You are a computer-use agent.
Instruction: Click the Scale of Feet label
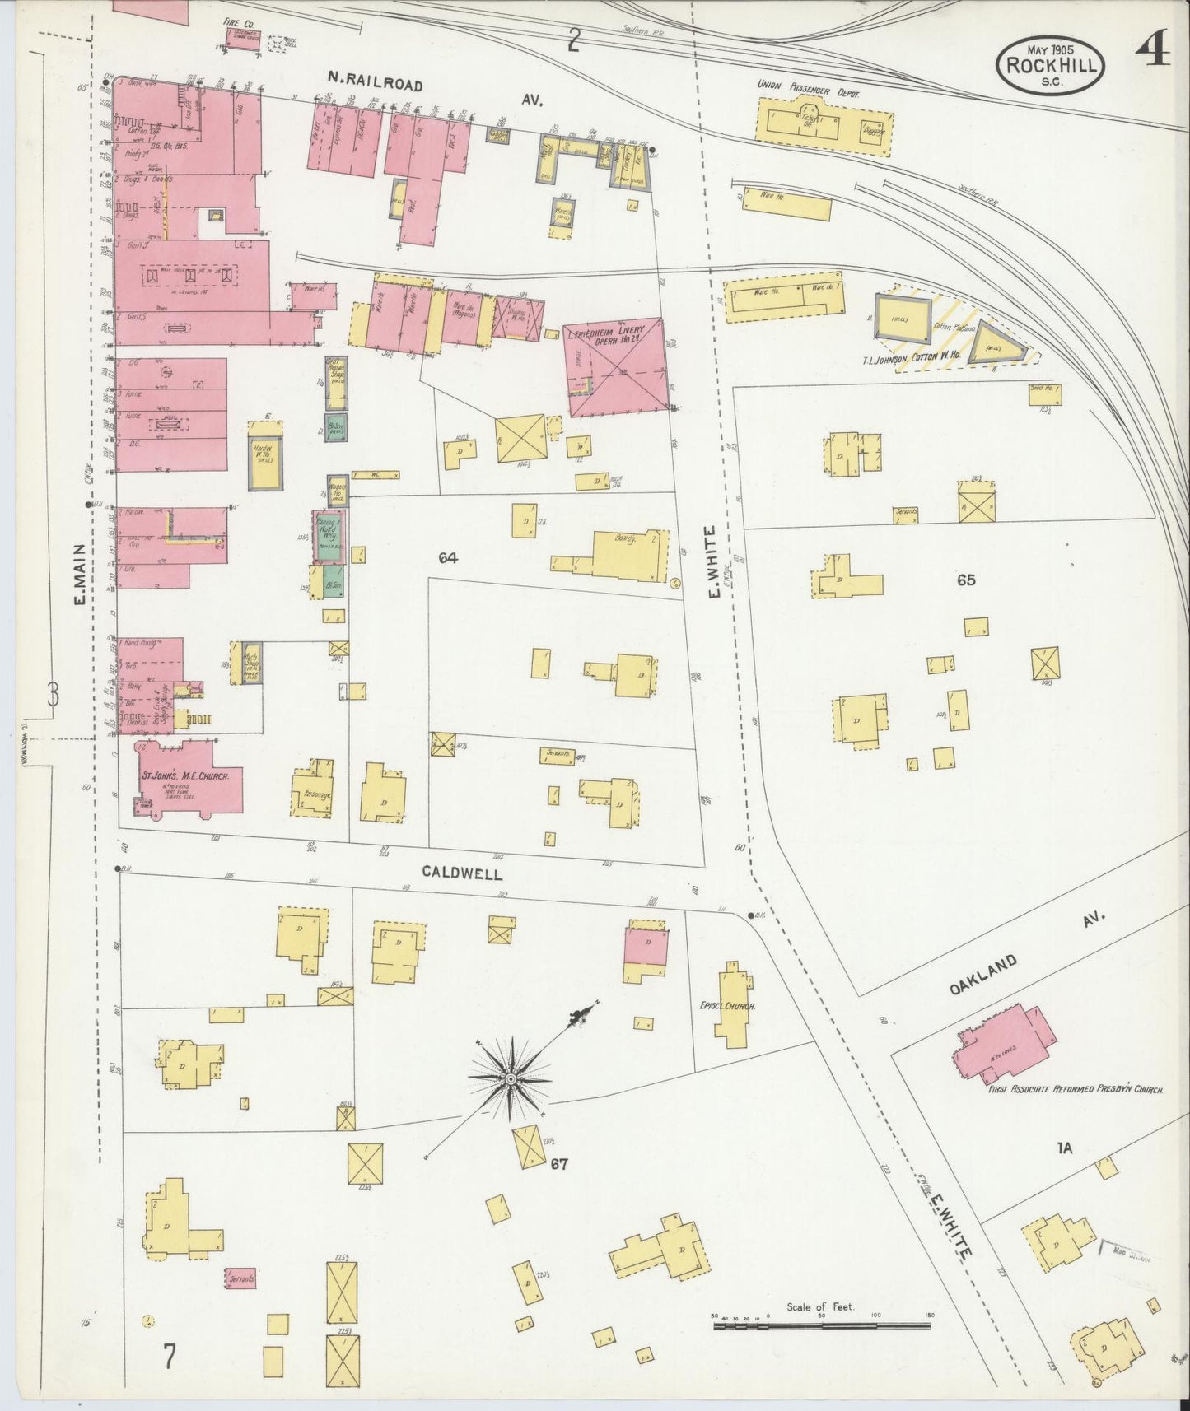click(820, 1306)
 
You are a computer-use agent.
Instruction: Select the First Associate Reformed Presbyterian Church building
click(1007, 1043)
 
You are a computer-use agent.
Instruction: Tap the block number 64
click(448, 558)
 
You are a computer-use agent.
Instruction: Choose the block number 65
click(965, 580)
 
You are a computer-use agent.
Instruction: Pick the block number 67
click(560, 1163)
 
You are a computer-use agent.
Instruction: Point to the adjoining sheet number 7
click(169, 1356)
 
